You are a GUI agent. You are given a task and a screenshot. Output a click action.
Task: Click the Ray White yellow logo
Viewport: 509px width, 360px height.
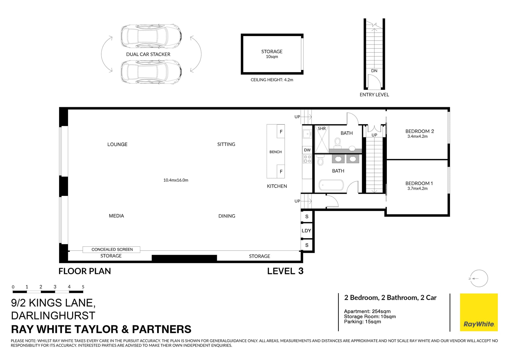(x=479, y=312)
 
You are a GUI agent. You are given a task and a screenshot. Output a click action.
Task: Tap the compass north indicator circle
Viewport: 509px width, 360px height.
(x=479, y=278)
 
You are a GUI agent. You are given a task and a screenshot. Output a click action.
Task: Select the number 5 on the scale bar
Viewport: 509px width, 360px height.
(x=83, y=287)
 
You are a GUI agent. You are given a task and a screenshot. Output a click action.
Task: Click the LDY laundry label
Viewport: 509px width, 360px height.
(x=306, y=231)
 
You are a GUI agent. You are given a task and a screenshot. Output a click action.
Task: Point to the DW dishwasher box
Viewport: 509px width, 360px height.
(x=307, y=150)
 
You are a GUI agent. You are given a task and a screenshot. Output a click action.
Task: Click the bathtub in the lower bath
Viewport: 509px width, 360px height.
(x=331, y=185)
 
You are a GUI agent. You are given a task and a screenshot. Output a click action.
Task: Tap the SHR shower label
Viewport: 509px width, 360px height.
(x=322, y=129)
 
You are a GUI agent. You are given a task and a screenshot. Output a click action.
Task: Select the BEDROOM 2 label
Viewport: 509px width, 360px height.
(x=419, y=131)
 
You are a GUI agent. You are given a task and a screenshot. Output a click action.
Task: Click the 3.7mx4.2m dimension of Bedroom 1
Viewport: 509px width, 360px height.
(x=417, y=188)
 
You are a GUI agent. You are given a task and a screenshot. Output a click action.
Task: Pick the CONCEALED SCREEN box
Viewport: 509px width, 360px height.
(x=111, y=249)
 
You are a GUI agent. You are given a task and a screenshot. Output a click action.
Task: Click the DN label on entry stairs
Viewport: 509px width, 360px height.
(x=374, y=71)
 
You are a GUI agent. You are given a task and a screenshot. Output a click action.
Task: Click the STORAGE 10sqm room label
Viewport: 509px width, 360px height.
(x=272, y=51)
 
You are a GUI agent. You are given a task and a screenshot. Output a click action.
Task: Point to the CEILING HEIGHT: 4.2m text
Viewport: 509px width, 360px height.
(x=272, y=80)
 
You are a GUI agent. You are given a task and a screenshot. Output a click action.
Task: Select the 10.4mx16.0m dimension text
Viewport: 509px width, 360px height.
(x=176, y=180)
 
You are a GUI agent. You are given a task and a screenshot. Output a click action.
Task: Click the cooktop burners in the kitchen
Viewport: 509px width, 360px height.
(x=307, y=159)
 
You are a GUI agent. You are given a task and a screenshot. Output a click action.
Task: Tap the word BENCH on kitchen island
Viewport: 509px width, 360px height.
(x=275, y=152)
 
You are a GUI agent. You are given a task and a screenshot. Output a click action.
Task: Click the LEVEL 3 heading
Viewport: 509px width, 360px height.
(x=285, y=271)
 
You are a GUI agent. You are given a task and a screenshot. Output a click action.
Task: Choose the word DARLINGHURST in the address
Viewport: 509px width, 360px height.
(x=53, y=315)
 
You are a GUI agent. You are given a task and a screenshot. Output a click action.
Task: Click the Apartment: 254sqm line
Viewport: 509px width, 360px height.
(x=367, y=311)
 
